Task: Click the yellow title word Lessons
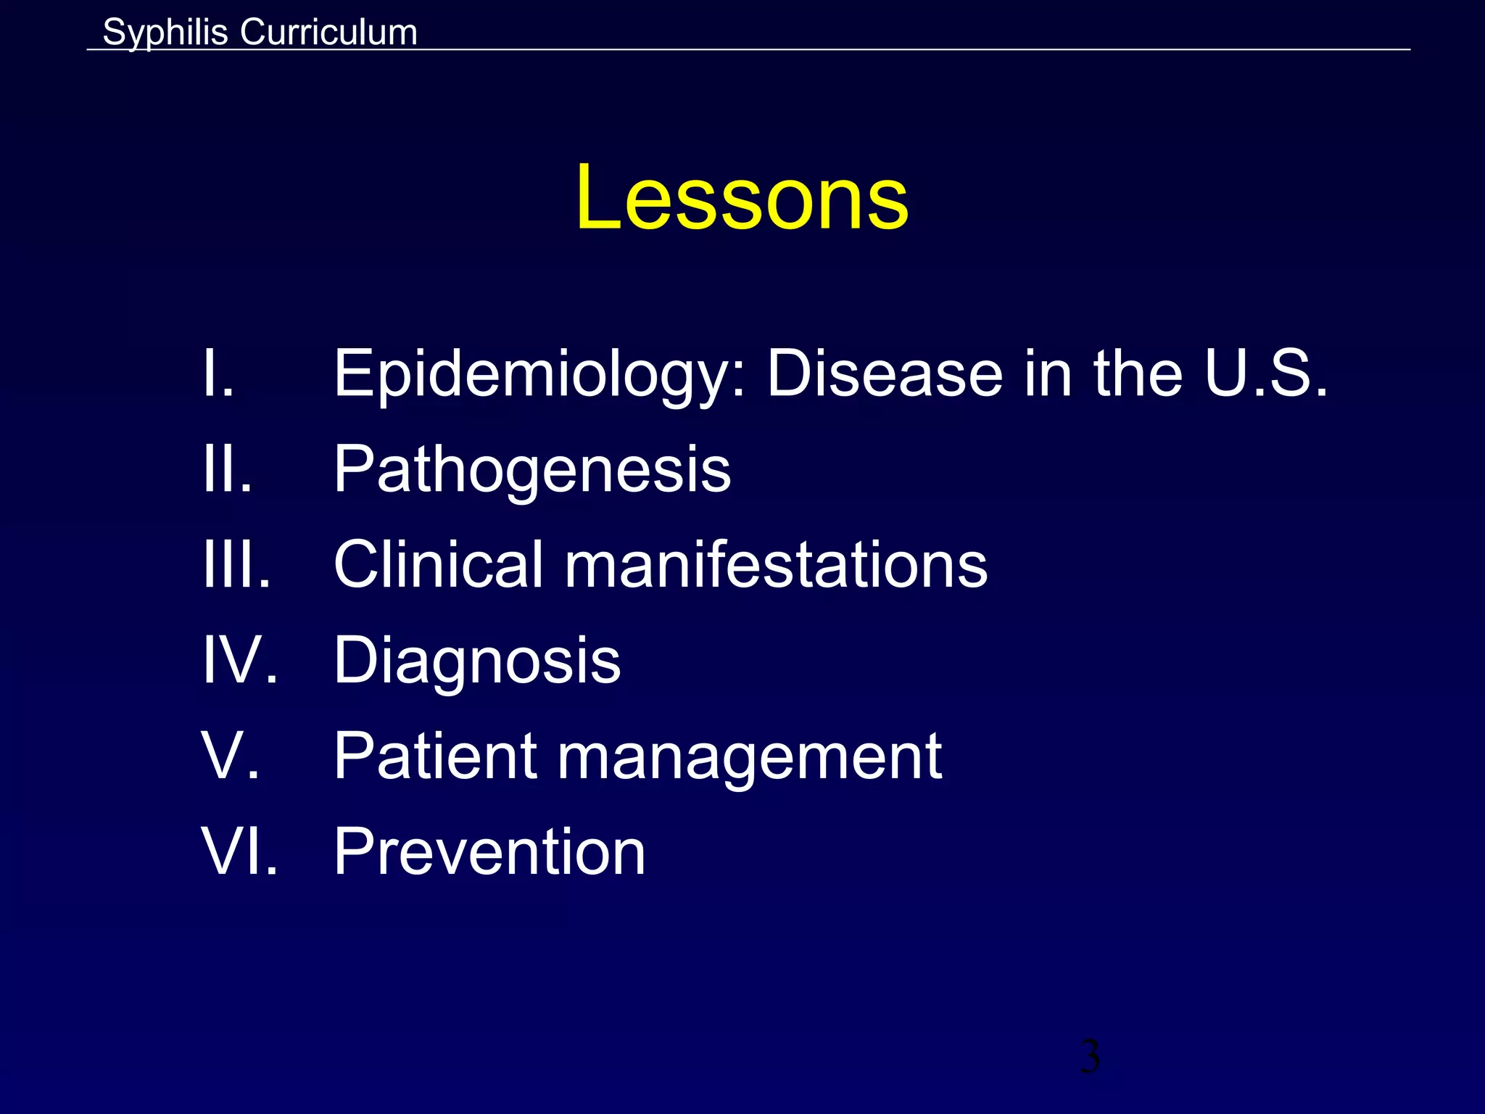(742, 197)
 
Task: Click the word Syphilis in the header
(165, 33)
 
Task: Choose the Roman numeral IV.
(240, 660)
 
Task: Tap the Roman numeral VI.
(240, 851)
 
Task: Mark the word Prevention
(489, 851)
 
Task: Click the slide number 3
(1090, 1056)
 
